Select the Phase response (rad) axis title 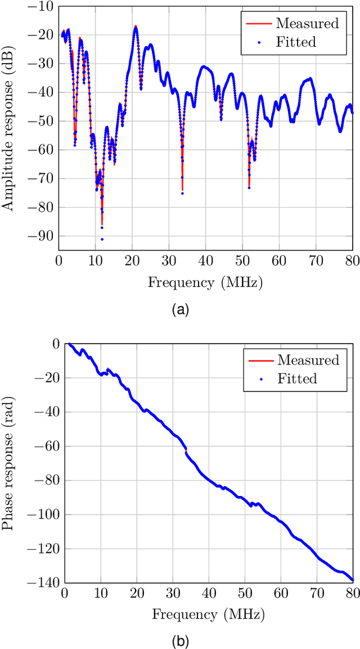click(x=8, y=463)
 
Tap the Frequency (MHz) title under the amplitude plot click(x=206, y=282)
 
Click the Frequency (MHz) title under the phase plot click(x=209, y=614)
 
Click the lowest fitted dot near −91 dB click(x=102, y=240)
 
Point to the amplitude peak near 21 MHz click(x=136, y=26)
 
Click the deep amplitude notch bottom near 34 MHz click(x=182, y=193)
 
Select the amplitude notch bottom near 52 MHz click(x=249, y=187)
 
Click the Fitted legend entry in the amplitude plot click(x=296, y=42)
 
